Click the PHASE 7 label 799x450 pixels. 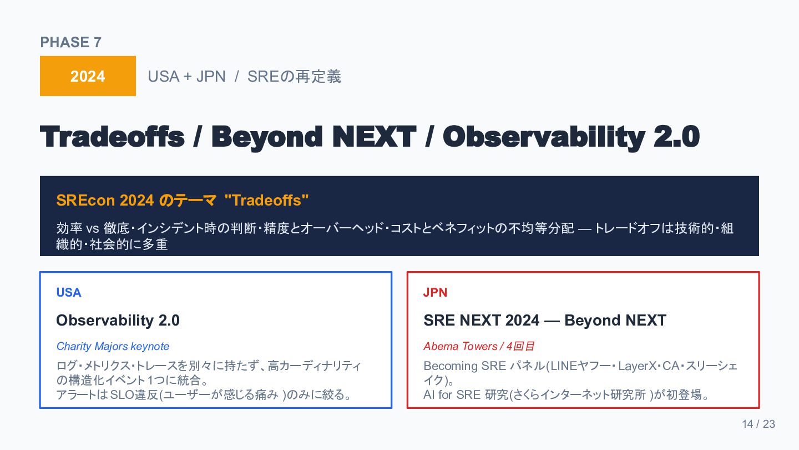[x=70, y=42]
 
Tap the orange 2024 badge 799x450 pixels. [x=88, y=76]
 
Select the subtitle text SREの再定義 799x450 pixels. [x=294, y=77]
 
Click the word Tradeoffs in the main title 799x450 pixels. [x=112, y=137]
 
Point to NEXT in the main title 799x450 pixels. [x=374, y=137]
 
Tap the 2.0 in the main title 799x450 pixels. [x=677, y=137]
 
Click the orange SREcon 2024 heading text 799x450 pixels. [x=105, y=200]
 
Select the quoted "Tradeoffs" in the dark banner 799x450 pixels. [x=266, y=200]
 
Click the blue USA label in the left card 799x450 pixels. [x=69, y=292]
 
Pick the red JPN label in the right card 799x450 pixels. [x=435, y=292]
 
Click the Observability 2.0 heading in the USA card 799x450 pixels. [x=118, y=321]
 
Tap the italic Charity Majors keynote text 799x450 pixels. [x=113, y=346]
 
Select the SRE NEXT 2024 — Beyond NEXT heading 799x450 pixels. [x=545, y=321]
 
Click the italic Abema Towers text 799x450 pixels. [x=460, y=346]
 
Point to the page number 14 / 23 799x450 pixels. [x=758, y=424]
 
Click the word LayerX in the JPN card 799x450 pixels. [x=638, y=366]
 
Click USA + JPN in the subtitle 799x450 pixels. [x=186, y=77]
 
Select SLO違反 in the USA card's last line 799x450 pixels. [x=134, y=394]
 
